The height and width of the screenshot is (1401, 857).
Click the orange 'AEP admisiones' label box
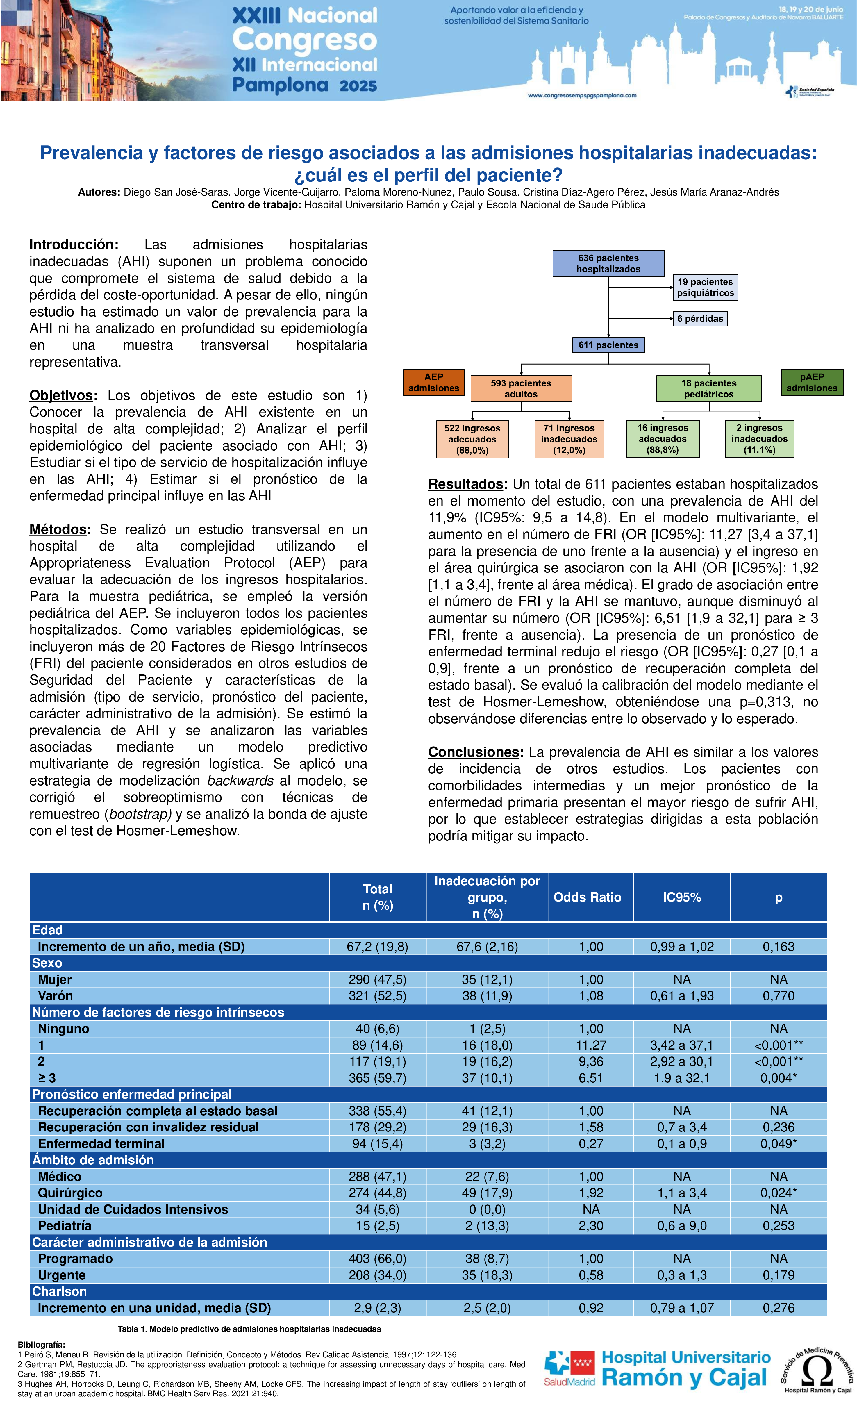click(x=433, y=382)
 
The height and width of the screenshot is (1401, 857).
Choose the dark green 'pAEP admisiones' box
click(x=812, y=382)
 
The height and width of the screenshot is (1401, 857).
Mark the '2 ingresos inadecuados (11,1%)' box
click(x=759, y=438)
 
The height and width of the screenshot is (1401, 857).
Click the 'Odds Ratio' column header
click(x=588, y=897)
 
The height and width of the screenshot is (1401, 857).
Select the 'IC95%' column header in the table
click(x=681, y=897)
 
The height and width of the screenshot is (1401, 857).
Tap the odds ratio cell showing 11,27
click(x=591, y=1045)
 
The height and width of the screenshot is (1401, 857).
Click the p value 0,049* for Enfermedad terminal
click(x=779, y=1143)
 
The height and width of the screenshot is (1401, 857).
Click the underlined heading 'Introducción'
click(x=72, y=244)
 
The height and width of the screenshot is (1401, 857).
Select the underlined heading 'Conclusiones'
click(x=474, y=752)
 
